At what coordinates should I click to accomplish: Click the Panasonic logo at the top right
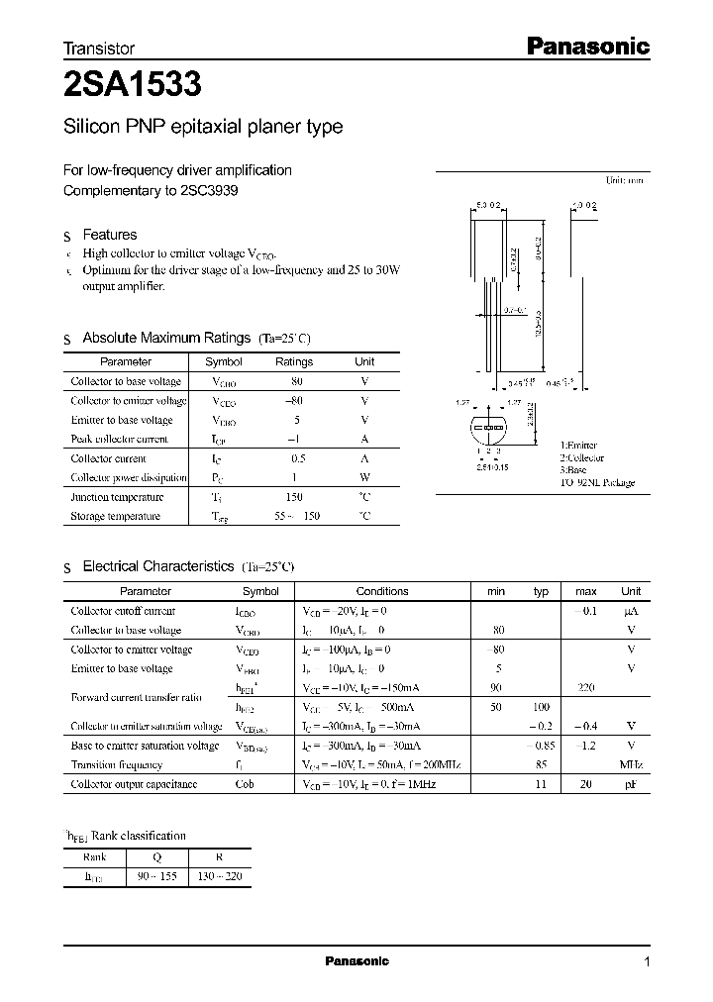coord(585,46)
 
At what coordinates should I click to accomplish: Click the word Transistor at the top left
coord(99,48)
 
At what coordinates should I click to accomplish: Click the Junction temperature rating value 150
coord(293,497)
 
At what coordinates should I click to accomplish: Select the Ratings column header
coord(293,362)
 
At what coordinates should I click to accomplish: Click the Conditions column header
coord(382,591)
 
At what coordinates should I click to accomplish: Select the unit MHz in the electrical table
coord(630,765)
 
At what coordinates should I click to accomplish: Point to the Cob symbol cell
coord(245,784)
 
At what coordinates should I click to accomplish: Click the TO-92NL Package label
coord(597,483)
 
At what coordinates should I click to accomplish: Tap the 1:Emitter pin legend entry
coord(579,447)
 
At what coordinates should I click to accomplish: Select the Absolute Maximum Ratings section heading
coord(167,338)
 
